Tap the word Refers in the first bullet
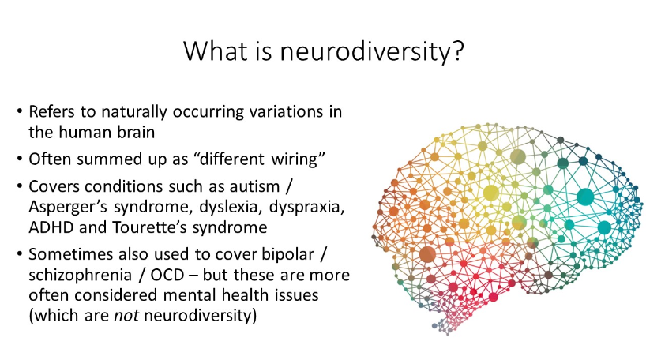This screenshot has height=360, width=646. (51, 111)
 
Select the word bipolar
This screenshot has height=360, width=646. (288, 255)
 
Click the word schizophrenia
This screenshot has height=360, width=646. (80, 276)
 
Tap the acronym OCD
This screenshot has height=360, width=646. (167, 275)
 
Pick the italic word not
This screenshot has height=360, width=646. (126, 316)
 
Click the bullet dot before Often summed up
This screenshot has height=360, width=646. (20, 159)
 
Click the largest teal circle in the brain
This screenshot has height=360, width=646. (585, 197)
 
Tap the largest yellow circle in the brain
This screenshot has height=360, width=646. (490, 193)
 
